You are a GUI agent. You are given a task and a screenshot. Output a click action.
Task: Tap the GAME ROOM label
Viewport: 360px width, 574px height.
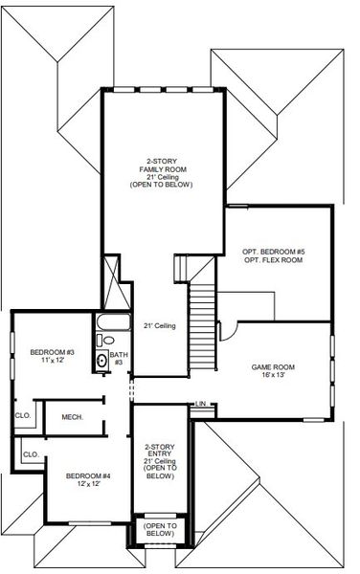[272, 367]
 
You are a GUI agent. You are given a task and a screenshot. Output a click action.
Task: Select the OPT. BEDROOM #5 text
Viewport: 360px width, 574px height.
[273, 251]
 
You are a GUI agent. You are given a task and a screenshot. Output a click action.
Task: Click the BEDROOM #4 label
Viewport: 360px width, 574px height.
[87, 475]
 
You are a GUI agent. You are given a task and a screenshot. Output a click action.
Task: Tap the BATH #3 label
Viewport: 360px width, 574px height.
[119, 358]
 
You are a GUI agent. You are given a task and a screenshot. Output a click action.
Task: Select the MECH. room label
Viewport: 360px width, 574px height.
[72, 416]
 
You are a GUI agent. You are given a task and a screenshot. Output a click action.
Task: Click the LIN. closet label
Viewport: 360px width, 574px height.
[200, 404]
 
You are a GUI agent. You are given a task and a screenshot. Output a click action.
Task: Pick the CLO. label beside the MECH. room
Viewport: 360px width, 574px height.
[22, 415]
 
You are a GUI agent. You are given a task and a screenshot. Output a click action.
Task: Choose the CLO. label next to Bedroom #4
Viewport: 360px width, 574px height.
[30, 453]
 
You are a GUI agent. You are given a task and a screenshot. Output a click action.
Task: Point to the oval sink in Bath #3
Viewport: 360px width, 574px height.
[102, 361]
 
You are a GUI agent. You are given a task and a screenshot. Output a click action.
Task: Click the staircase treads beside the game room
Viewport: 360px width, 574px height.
[201, 325]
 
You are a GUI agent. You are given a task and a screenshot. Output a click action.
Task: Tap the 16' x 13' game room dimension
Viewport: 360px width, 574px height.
[273, 376]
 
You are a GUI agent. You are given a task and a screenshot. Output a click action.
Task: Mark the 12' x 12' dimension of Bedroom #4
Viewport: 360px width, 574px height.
[87, 484]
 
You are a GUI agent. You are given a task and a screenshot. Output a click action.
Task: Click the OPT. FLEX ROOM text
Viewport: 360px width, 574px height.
[273, 259]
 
